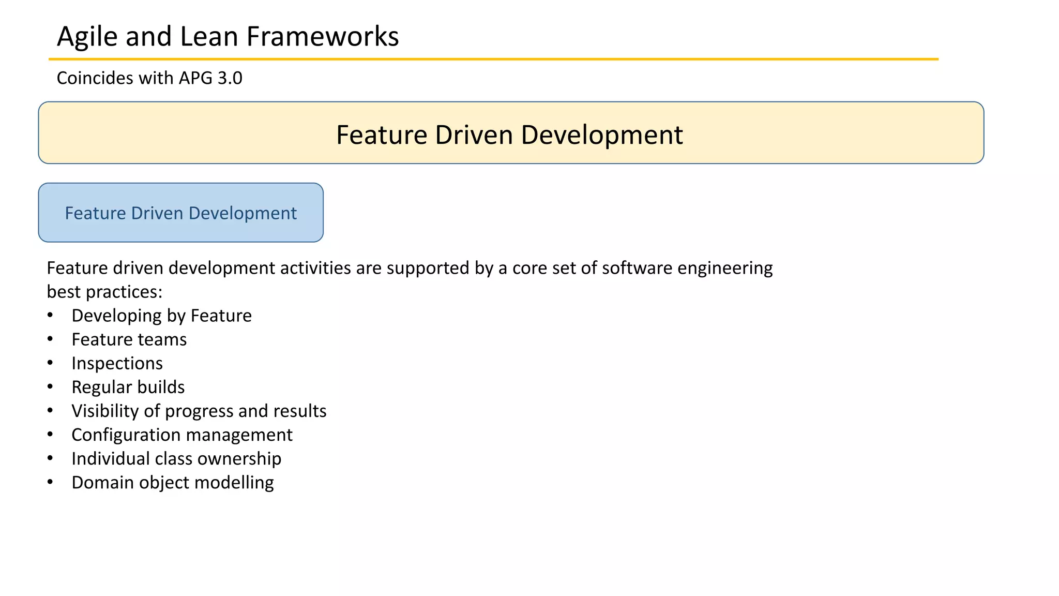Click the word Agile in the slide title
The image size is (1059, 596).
87,37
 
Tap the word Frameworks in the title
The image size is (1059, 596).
322,37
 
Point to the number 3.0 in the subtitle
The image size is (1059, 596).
230,78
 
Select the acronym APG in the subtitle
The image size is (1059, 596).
195,78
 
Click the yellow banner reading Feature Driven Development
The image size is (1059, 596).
510,133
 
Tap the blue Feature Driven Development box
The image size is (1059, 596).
180,213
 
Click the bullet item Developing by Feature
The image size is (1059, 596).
161,316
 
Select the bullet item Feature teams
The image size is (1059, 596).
129,339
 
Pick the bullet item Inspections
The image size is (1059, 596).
117,363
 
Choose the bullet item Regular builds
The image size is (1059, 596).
128,387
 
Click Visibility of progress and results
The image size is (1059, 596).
199,411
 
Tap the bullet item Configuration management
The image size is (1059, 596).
181,435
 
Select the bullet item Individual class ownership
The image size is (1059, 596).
176,458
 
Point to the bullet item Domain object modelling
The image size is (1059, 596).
172,482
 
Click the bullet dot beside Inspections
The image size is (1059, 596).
50,363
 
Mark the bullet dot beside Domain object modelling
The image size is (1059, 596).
50,482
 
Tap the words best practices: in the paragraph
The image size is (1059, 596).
104,292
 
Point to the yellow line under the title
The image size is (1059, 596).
493,59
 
